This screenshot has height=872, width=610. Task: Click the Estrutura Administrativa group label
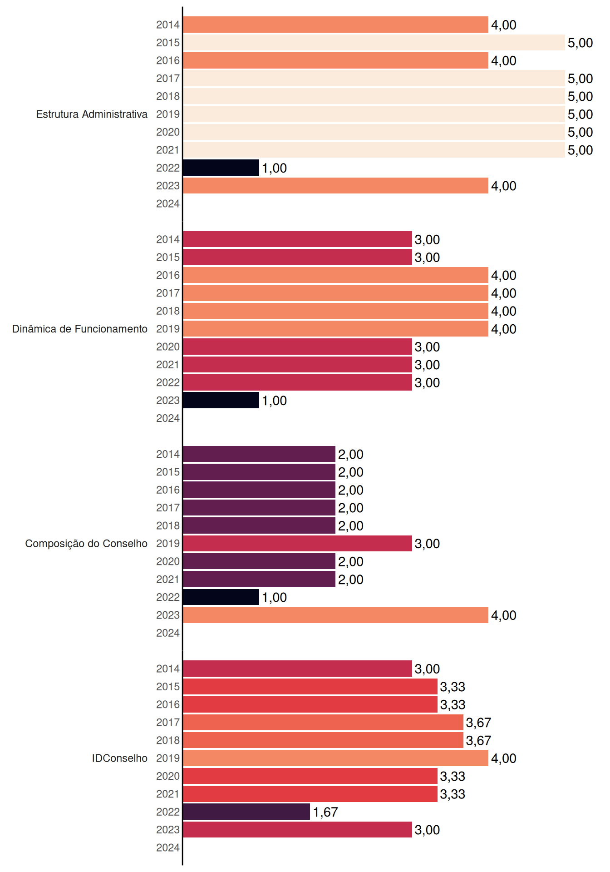point(92,114)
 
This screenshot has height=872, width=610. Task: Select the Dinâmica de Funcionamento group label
point(80,329)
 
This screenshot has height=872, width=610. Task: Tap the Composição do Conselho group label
point(86,544)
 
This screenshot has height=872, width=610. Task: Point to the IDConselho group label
point(120,758)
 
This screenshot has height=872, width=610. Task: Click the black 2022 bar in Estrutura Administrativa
point(221,168)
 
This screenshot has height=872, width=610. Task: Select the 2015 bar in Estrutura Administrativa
point(374,42)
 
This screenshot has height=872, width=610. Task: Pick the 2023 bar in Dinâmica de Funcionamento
point(221,400)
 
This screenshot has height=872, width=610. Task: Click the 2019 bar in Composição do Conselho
point(297,543)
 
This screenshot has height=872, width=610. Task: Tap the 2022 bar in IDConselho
point(246,812)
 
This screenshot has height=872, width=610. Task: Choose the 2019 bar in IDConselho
point(335,758)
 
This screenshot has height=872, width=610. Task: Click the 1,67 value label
point(325,812)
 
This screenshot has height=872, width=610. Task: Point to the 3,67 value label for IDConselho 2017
point(478,723)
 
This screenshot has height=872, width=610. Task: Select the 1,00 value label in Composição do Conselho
point(274,597)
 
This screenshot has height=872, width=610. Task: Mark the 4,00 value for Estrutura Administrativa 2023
point(504,186)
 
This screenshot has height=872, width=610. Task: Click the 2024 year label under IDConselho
point(168,847)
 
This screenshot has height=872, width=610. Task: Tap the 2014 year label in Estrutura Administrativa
point(168,25)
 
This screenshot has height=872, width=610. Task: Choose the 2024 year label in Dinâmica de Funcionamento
point(168,418)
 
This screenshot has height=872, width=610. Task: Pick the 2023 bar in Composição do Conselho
point(335,615)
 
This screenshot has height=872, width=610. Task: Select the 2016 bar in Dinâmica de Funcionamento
point(335,275)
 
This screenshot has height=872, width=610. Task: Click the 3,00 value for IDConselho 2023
point(427,830)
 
